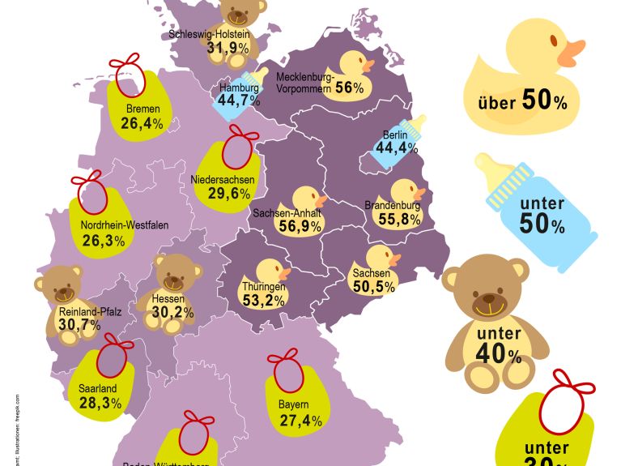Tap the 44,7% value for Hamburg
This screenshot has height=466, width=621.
pyautogui.click(x=238, y=100)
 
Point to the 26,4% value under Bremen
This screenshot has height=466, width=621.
pyautogui.click(x=142, y=124)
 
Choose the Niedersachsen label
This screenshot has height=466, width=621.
pyautogui.click(x=223, y=179)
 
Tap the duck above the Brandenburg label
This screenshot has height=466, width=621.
pyautogui.click(x=407, y=191)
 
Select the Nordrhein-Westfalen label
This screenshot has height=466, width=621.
pyautogui.click(x=125, y=225)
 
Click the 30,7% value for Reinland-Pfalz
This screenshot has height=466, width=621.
pyautogui.click(x=79, y=325)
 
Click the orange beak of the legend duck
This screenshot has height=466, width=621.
pyautogui.click(x=572, y=54)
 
